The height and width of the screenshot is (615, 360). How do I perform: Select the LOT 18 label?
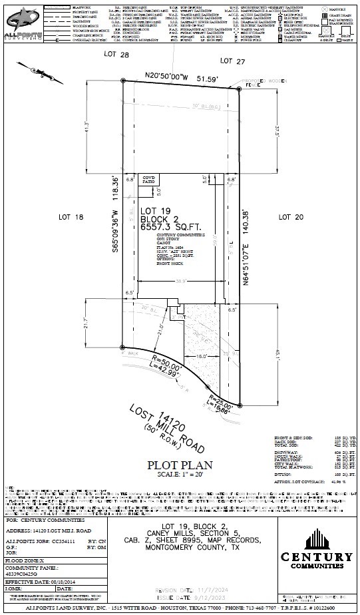coord(71,217)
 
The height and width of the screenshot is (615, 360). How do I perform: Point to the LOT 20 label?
coord(290,217)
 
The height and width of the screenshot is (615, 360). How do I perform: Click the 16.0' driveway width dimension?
coord(202,357)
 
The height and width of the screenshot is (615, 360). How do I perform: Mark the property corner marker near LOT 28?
coord(123,81)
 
